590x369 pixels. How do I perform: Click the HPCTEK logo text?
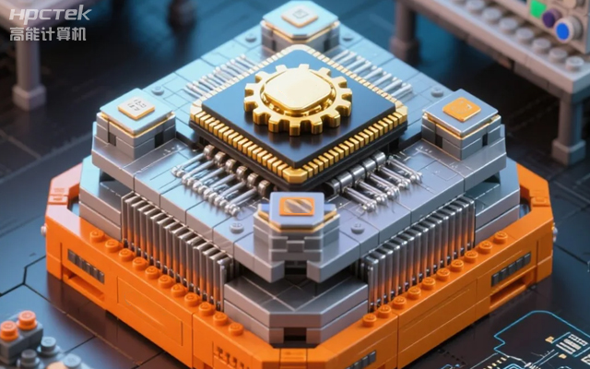coord(50,15)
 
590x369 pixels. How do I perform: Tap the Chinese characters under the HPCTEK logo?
coord(48,34)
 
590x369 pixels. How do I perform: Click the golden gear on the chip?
coord(298,99)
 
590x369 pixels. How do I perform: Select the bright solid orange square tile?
coord(461,109)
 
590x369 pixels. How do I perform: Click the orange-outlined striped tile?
coord(297,207)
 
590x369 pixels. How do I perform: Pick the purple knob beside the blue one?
coord(551,18)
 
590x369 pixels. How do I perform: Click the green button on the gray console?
coord(537,8)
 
